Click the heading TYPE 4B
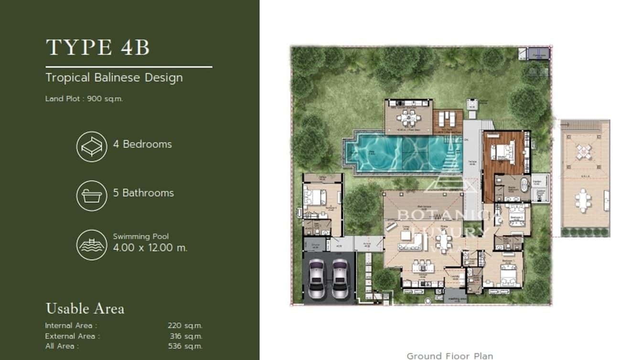click(98, 48)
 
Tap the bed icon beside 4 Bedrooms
click(91, 147)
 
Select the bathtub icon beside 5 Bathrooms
click(91, 195)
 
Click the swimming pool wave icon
click(91, 245)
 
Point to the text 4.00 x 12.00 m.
click(150, 248)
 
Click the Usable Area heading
click(85, 308)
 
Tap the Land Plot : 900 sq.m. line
click(84, 99)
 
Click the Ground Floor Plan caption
click(449, 356)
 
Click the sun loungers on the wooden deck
click(448, 116)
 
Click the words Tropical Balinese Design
click(114, 77)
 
